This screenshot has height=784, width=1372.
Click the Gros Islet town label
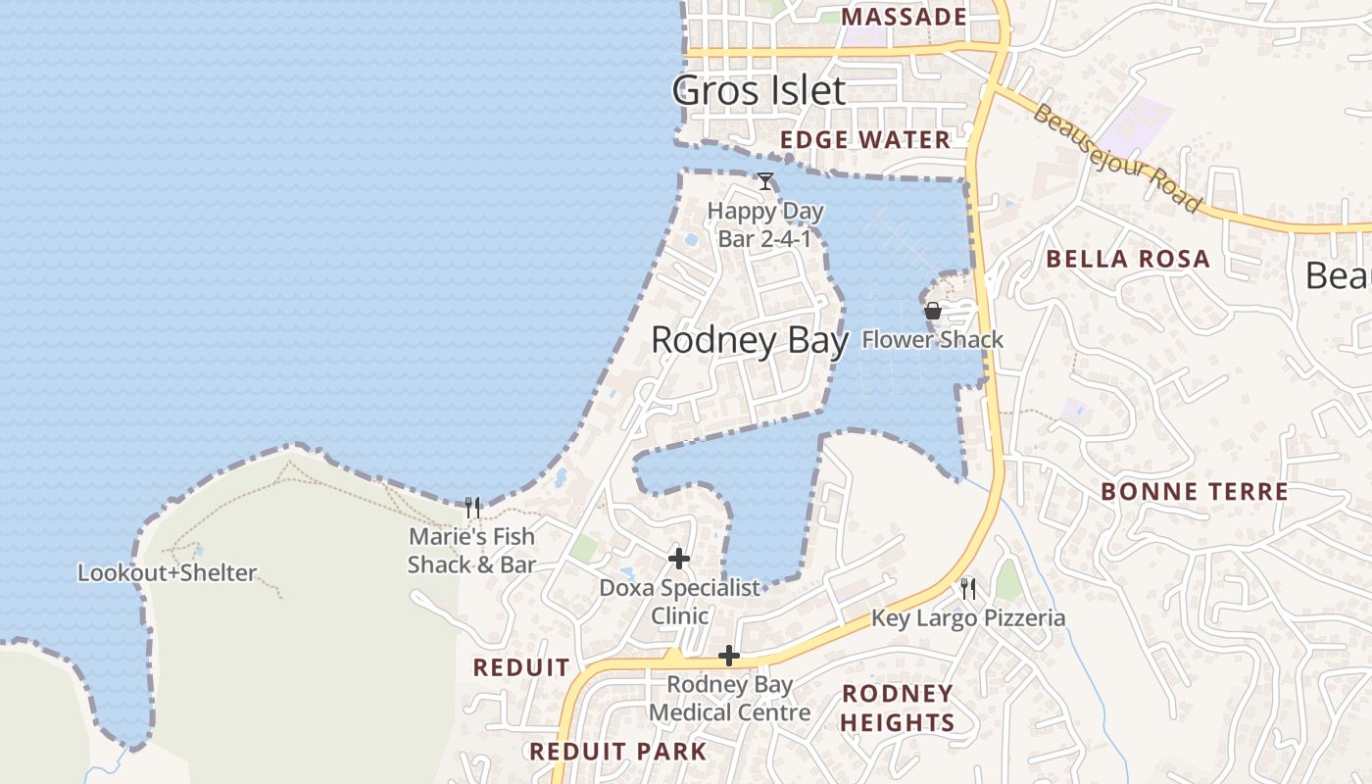coord(759,91)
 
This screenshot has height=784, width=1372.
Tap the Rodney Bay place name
coord(749,340)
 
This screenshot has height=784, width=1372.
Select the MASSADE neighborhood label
coord(904,17)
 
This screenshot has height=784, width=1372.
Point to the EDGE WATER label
coord(865,140)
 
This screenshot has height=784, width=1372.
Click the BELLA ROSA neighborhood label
coord(1128,260)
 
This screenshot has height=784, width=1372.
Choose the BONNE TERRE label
coord(1195,492)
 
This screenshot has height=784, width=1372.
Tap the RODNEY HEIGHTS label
coord(898,708)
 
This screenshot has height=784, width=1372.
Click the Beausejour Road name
coord(1116,159)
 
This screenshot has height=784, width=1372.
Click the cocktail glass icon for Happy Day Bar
coord(765,181)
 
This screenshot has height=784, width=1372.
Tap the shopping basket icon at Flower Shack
coord(933,311)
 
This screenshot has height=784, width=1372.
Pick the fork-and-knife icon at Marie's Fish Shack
coord(472,508)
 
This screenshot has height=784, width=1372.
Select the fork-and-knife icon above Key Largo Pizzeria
coord(968,588)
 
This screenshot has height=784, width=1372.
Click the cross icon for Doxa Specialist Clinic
coord(678,559)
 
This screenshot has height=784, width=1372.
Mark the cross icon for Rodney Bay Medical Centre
coord(728,656)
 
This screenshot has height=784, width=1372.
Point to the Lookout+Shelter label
coord(167,573)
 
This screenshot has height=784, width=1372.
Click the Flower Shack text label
coord(933,340)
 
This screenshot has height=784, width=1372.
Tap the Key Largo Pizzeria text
coord(968,618)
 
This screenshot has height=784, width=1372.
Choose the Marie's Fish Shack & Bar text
coord(471,551)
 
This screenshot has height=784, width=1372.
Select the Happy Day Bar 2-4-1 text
coord(765,224)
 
